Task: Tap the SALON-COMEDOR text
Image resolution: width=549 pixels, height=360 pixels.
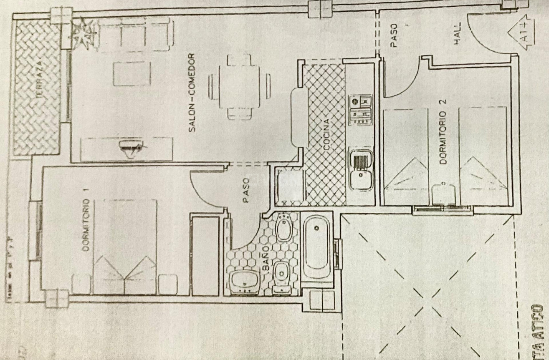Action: (x=192, y=93)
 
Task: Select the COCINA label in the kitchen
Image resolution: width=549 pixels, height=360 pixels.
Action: (x=327, y=134)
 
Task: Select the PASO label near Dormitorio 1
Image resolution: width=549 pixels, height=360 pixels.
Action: (x=246, y=191)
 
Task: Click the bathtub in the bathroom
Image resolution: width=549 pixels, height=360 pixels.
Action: (x=316, y=247)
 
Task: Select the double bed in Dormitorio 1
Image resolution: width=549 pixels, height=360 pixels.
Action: (x=125, y=246)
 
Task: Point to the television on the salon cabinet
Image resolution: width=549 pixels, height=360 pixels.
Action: (x=129, y=149)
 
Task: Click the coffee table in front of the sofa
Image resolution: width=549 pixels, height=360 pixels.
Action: (x=131, y=74)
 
